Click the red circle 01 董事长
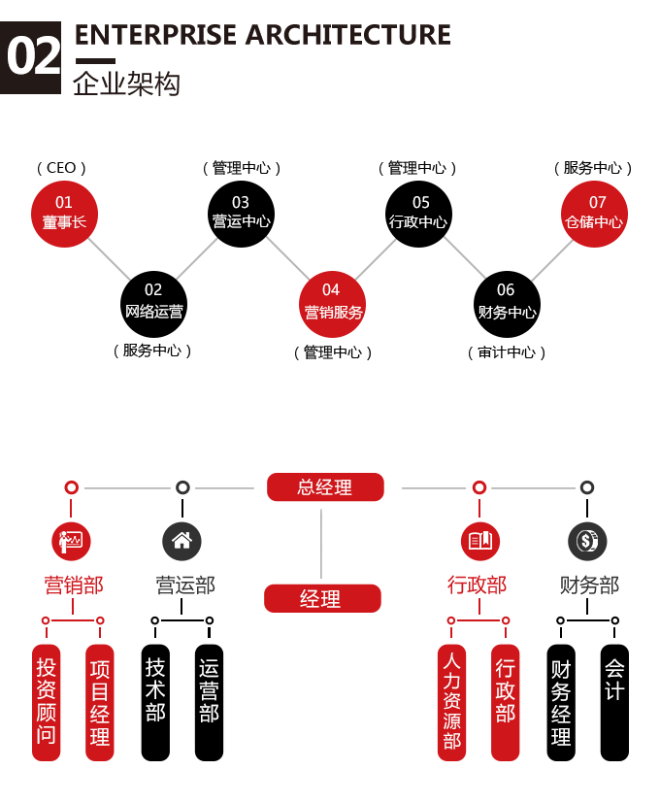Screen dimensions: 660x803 [x=64, y=214]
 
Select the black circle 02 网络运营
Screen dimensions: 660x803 [x=153, y=304]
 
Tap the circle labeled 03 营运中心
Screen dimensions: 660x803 [x=241, y=214]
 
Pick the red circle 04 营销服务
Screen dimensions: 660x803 [x=332, y=304]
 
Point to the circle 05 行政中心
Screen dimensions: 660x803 [x=418, y=214]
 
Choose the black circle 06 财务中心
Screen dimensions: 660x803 [x=507, y=304]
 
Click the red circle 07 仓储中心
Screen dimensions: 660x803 [x=594, y=214]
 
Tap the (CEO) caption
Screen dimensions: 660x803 [x=61, y=168]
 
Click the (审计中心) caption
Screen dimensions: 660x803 [x=507, y=352]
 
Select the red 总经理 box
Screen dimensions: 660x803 [x=325, y=487]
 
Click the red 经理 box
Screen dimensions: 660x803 [x=322, y=598]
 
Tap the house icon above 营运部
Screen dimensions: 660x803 [x=181, y=541]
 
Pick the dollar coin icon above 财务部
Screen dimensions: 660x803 [x=587, y=541]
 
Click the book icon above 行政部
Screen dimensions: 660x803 [x=479, y=541]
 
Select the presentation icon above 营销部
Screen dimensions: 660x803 [x=71, y=541]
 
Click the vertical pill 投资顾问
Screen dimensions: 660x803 [x=46, y=702]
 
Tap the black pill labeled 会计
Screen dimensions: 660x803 [x=614, y=702]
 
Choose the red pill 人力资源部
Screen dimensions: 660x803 [x=451, y=702]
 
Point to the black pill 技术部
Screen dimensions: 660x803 [x=155, y=702]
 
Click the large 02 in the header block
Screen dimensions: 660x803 [x=33, y=56]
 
